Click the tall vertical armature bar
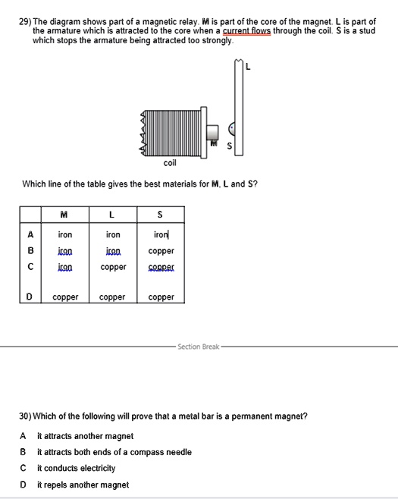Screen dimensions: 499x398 click(240, 110)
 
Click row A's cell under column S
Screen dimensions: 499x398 click(161, 236)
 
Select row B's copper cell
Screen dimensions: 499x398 click(161, 251)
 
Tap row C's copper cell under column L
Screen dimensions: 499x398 click(112, 267)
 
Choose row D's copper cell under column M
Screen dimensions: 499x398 click(64, 297)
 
